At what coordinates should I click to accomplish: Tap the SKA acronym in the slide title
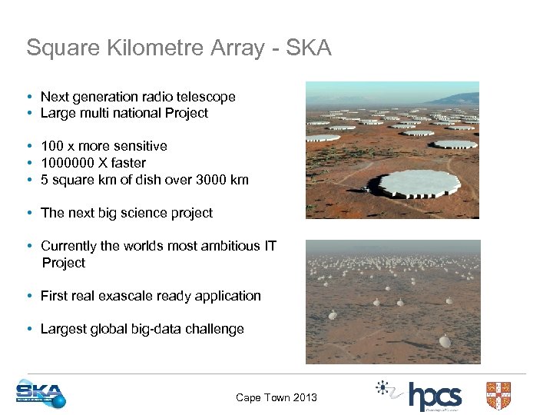coord(308,48)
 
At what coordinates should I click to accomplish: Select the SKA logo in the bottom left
coord(41,394)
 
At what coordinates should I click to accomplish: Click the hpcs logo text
coord(435,397)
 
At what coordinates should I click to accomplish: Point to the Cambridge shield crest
coord(498,395)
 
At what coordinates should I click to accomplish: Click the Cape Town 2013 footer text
coord(276,397)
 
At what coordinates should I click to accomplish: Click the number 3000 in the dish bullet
coord(213,180)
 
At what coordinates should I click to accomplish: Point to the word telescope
coord(207,97)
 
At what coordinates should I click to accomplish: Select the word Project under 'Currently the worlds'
coord(64,263)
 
